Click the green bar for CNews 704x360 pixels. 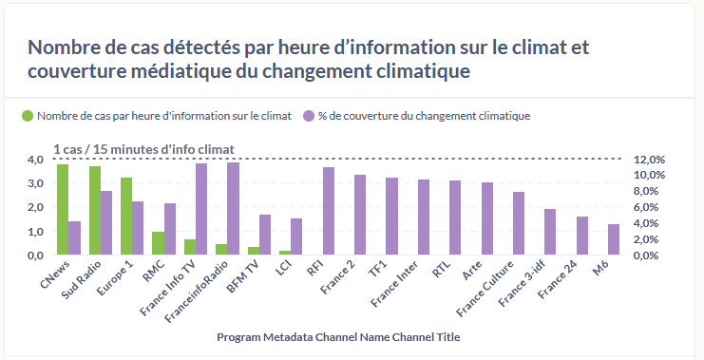[63, 210]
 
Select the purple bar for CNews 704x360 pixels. [74, 237]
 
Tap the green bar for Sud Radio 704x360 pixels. [95, 211]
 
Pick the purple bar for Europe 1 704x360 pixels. [139, 228]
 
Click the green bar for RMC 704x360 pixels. [158, 243]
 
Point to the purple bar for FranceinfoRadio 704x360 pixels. [233, 209]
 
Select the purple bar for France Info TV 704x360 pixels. [201, 209]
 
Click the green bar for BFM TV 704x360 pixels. [254, 251]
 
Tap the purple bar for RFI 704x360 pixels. [329, 211]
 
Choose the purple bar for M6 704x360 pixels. [614, 239]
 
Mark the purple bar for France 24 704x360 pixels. [582, 236]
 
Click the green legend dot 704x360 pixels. [28, 116]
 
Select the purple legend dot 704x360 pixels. [309, 116]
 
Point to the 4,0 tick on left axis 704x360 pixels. [35, 160]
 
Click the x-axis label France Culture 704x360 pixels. [485, 288]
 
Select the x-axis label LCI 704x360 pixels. [284, 270]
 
